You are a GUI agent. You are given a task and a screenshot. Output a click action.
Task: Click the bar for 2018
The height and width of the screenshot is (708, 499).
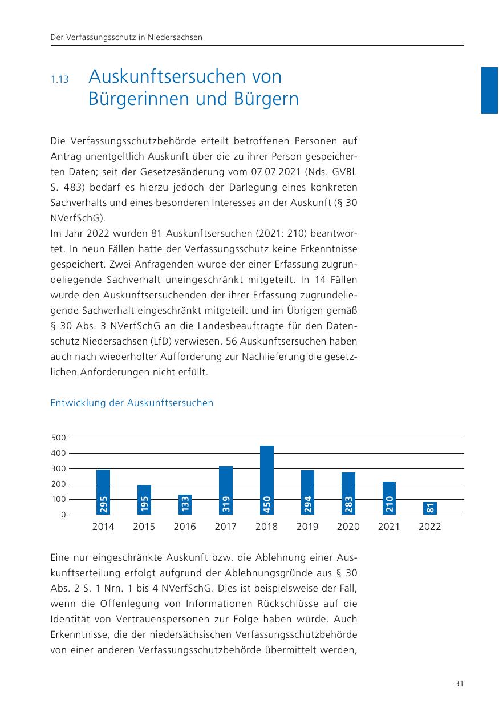[x=266, y=480]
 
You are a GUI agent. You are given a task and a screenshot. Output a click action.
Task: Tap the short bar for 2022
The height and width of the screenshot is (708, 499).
[x=430, y=508]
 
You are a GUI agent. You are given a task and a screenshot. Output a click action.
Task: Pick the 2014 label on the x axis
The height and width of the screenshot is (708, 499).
[x=103, y=527]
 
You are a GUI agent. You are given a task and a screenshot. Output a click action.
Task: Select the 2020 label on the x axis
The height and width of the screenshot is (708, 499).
[x=348, y=527]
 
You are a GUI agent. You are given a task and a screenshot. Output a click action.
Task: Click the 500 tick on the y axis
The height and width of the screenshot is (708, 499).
[x=59, y=438]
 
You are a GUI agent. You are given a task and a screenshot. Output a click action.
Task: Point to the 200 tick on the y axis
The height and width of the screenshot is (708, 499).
[x=59, y=484]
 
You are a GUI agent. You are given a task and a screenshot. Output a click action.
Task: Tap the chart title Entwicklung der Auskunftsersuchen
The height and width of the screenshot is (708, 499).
[x=132, y=403]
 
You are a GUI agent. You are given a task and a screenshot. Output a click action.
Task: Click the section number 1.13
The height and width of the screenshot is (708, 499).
[x=59, y=80]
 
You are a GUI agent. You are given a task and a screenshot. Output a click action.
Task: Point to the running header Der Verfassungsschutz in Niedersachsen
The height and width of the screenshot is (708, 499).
[x=127, y=37]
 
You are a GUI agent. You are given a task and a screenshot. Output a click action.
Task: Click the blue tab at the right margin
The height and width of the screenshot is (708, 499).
[x=489, y=90]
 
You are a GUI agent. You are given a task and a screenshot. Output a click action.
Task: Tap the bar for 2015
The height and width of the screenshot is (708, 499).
[x=144, y=500]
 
